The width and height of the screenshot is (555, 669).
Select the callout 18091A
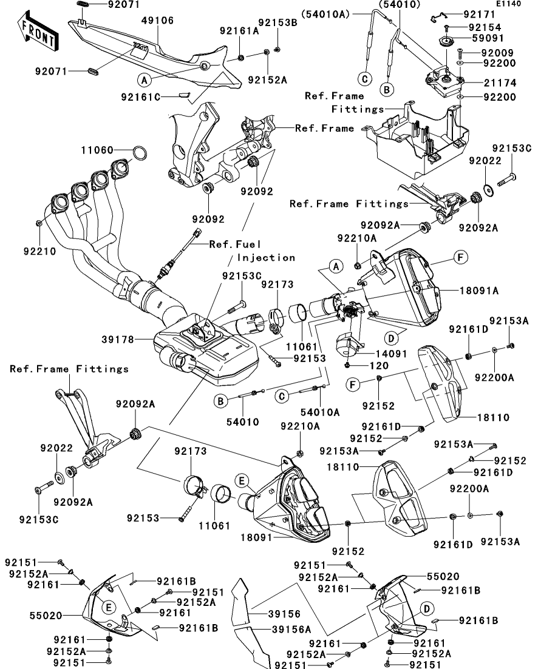(479, 291)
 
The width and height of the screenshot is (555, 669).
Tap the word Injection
(266, 257)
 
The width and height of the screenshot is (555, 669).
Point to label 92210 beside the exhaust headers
(39, 250)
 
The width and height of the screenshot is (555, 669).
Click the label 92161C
(141, 96)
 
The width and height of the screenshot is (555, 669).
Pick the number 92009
(498, 53)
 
